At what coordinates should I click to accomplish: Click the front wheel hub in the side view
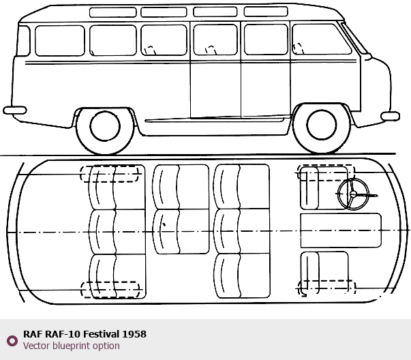click(321, 125)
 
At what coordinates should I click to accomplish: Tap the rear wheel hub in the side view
click(105, 126)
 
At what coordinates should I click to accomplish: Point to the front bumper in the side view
click(390, 116)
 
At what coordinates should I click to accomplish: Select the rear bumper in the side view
click(15, 110)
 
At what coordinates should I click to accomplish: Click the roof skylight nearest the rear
click(113, 12)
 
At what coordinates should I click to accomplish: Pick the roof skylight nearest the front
click(266, 12)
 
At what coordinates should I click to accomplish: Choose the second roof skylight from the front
click(215, 12)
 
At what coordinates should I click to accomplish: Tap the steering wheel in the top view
click(353, 194)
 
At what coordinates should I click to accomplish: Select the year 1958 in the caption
click(134, 334)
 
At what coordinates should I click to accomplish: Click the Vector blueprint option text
click(72, 346)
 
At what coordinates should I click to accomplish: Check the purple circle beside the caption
click(12, 341)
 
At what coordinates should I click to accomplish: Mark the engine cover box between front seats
click(341, 230)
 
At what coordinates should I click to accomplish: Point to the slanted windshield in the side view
click(354, 38)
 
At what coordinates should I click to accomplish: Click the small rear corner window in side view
click(23, 41)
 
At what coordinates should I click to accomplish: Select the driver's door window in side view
click(321, 39)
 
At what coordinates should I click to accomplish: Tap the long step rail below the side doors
click(214, 121)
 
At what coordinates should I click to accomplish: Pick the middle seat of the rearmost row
click(117, 232)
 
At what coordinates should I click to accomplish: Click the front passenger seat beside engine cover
click(324, 273)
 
